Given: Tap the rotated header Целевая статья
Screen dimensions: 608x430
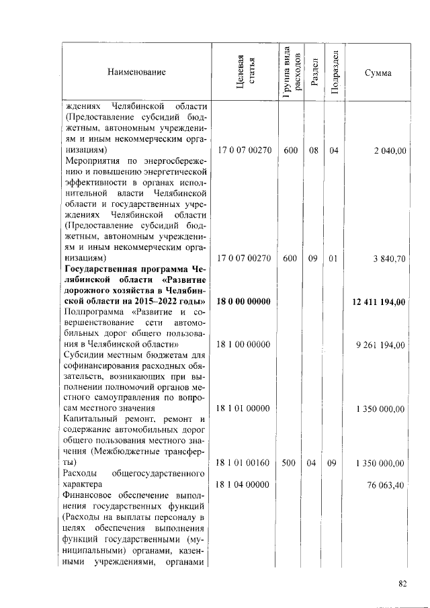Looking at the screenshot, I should tap(243, 72).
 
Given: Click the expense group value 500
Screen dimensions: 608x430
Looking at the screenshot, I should tap(290, 463).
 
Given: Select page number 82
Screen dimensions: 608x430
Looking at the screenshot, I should tap(402, 583).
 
